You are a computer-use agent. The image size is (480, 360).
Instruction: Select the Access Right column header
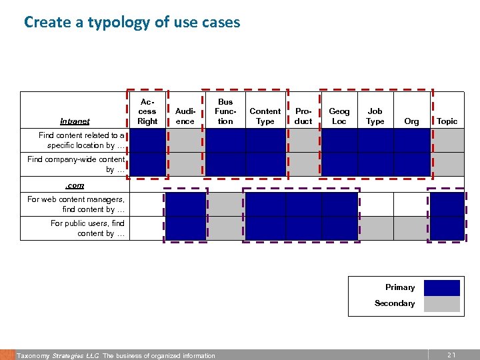click(x=147, y=111)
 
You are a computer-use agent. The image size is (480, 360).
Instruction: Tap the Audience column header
click(x=185, y=116)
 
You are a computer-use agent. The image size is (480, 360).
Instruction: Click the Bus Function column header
click(x=225, y=111)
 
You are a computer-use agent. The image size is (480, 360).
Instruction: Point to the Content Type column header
click(x=265, y=116)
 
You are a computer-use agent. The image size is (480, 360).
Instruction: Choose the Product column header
click(x=303, y=116)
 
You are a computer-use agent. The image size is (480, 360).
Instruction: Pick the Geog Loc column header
click(x=339, y=116)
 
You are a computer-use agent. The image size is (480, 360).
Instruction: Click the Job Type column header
click(x=375, y=116)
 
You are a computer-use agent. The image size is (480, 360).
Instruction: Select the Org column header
click(x=412, y=121)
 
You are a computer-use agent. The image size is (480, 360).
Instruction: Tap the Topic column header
click(x=447, y=121)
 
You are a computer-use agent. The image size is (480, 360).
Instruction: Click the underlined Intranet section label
click(x=75, y=121)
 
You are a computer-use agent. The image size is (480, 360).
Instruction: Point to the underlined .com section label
click(x=74, y=185)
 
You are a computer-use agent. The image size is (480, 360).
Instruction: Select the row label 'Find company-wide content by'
click(x=76, y=164)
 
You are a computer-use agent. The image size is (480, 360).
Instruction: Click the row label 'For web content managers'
click(x=76, y=204)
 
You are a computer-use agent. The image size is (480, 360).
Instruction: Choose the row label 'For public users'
click(x=87, y=228)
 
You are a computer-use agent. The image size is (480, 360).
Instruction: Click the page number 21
click(x=451, y=355)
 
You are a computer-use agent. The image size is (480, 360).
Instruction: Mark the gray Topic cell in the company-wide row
click(x=447, y=164)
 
